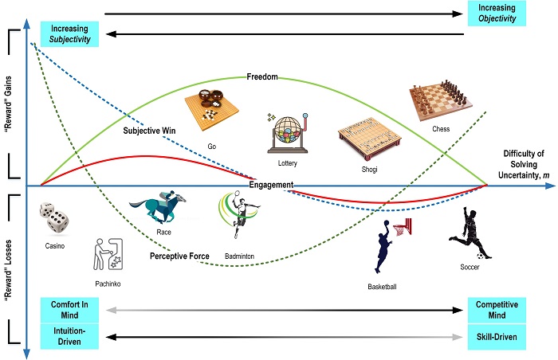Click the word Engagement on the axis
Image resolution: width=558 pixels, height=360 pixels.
271,185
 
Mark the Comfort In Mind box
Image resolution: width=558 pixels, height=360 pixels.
69,311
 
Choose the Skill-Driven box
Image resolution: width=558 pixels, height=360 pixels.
497,337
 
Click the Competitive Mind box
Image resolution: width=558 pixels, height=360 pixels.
497,311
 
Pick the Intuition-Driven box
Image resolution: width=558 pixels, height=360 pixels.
69,337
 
